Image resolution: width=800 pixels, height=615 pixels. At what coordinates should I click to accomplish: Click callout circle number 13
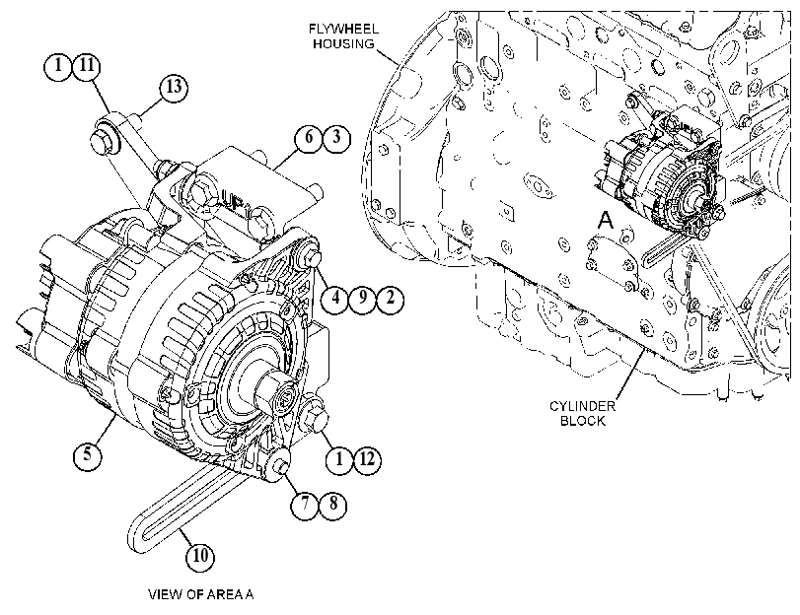(x=174, y=88)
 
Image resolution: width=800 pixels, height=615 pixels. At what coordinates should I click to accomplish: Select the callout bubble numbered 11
(x=87, y=65)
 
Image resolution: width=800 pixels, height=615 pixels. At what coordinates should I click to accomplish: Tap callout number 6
(x=309, y=137)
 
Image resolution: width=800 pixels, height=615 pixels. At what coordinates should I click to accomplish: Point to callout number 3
(x=336, y=137)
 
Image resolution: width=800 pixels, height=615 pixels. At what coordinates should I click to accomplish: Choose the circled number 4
(x=335, y=298)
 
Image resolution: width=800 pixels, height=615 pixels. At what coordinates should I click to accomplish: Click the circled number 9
(x=363, y=298)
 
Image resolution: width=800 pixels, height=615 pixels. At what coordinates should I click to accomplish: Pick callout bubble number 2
(x=391, y=298)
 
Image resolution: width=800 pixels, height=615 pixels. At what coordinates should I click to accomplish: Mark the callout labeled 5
(x=88, y=453)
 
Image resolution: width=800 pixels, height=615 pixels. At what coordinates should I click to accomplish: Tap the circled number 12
(x=367, y=459)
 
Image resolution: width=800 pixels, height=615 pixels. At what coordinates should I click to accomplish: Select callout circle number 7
(x=305, y=505)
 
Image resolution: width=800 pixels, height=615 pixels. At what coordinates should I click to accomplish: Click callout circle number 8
(x=333, y=505)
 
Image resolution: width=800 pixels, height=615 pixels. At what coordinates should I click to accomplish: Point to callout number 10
(x=200, y=555)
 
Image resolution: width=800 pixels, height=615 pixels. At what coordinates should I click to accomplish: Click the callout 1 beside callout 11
(x=58, y=65)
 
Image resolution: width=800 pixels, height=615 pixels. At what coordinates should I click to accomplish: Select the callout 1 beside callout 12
(x=339, y=459)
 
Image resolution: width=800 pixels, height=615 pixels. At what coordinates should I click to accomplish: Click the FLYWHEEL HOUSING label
(x=344, y=36)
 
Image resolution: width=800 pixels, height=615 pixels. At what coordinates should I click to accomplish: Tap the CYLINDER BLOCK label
(x=582, y=414)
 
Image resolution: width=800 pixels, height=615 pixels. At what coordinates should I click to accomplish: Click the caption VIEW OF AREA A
(x=200, y=594)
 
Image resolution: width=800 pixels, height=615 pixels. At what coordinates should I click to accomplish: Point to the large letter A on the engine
(x=605, y=221)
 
